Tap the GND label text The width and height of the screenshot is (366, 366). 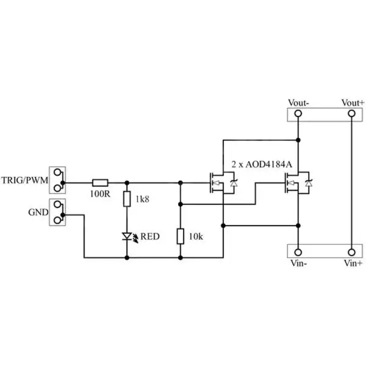pos(38,213)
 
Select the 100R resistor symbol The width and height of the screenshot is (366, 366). pos(100,182)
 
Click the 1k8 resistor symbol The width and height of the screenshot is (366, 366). pos(127,199)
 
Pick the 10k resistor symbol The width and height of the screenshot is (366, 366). pos(181,235)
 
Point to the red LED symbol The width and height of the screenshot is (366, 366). pos(127,235)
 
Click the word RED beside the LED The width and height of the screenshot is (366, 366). pos(149,236)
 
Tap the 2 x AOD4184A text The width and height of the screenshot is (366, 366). pos(262,165)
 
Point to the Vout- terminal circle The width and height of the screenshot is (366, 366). pos(298,114)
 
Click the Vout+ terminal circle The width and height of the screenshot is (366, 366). pos(351,114)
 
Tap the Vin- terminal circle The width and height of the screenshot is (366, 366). pos(298,252)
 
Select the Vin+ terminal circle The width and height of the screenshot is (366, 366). pos(351,252)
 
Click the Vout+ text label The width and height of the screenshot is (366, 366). pos(353,102)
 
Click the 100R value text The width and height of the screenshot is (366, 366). pos(99,194)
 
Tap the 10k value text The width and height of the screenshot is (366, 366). pos(197,236)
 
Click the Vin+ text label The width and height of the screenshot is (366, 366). pos(354,264)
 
